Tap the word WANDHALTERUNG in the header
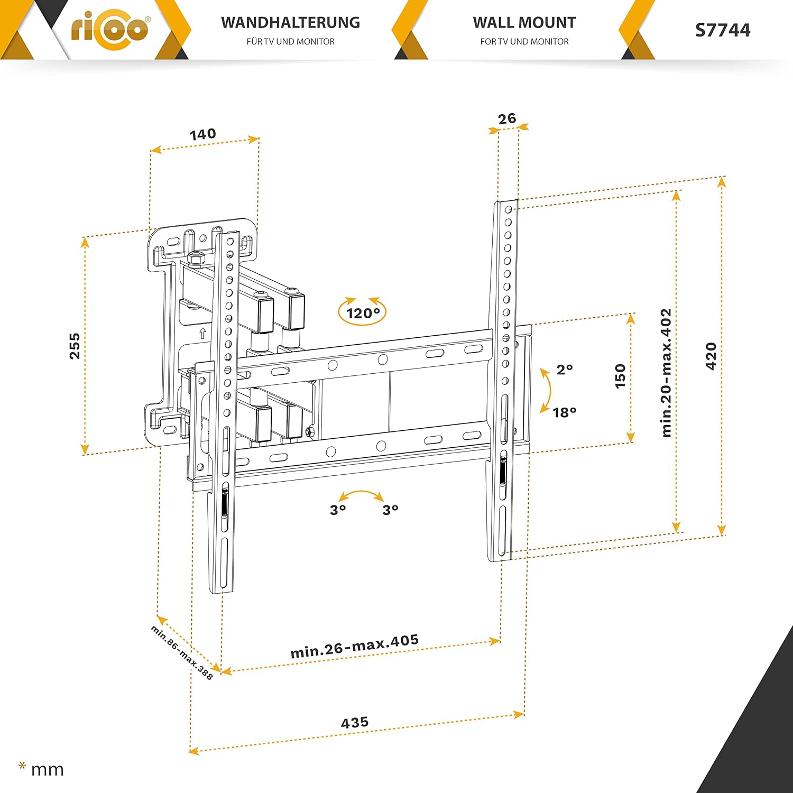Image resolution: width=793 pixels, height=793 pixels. coord(290,23)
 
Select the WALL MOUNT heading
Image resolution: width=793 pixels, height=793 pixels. coord(524,23)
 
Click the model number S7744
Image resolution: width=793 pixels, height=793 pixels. coord(722,30)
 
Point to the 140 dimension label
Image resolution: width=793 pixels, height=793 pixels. coord(203,134)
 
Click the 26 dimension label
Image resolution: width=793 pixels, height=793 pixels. coord(507,118)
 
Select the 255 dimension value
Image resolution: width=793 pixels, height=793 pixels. coord(75,346)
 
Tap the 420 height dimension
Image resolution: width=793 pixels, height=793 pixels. coord(711,356)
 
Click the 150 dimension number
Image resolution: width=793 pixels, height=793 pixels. coord(621,376)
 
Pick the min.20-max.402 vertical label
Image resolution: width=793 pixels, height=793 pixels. coord(666,373)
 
